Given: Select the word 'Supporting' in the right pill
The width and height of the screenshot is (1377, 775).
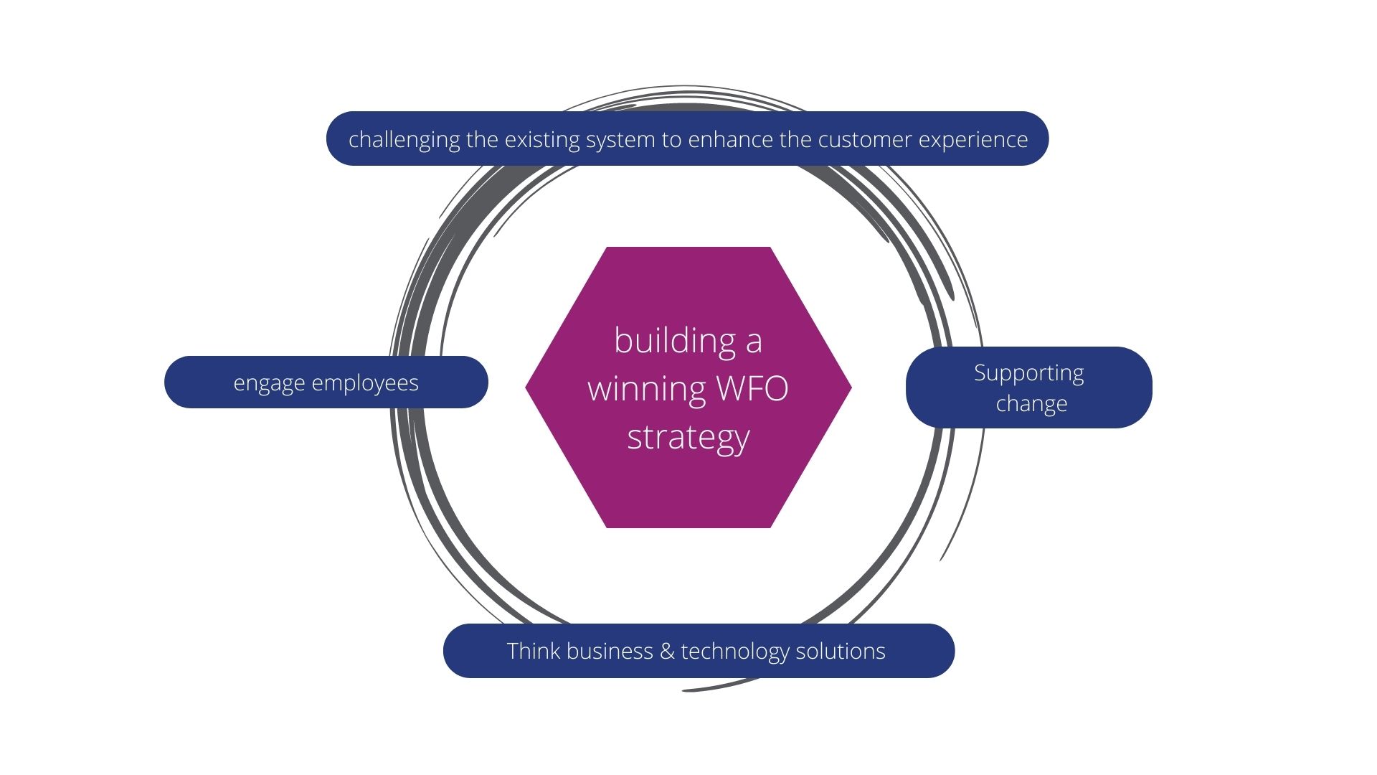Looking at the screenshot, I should [x=1028, y=373].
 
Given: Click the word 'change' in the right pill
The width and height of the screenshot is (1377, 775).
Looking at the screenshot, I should [x=1031, y=403].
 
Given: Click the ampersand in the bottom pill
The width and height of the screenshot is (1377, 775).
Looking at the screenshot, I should [x=667, y=651].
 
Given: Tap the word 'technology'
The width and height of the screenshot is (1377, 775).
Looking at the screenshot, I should [x=734, y=651].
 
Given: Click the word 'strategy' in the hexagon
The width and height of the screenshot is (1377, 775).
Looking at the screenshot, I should [x=688, y=437].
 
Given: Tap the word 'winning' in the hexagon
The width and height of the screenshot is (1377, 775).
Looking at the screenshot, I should [x=647, y=388].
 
